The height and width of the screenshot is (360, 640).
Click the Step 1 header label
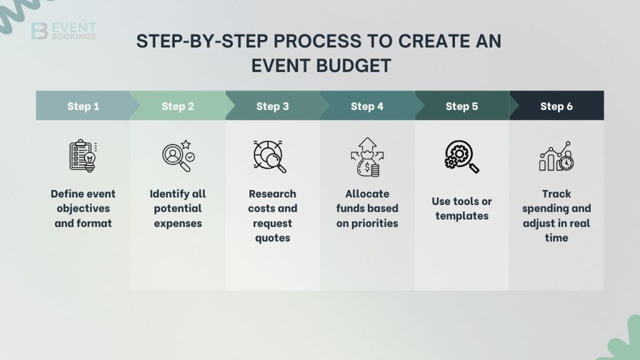(83, 106)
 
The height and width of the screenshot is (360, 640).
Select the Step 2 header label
(177, 106)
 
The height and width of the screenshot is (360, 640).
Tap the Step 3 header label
(272, 106)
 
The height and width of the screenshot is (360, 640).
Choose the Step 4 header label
(367, 106)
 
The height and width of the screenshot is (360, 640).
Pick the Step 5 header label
(462, 106)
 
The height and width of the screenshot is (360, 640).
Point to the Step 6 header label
(556, 106)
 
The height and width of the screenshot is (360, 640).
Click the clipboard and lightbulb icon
(83, 156)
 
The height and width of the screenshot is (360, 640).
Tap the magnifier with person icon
(177, 156)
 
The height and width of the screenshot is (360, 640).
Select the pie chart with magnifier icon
(271, 156)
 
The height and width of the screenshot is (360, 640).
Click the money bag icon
(367, 157)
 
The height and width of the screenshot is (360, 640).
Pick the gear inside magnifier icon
(462, 156)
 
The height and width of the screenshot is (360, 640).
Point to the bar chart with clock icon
(556, 157)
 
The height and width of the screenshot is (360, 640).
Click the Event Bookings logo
(63, 31)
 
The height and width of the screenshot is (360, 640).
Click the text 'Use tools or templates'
(462, 209)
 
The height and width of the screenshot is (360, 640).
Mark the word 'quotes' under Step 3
(272, 238)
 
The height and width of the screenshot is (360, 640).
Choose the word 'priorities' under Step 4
(367, 223)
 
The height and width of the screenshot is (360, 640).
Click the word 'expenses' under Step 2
(177, 223)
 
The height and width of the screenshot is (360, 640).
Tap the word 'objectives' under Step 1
(83, 209)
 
